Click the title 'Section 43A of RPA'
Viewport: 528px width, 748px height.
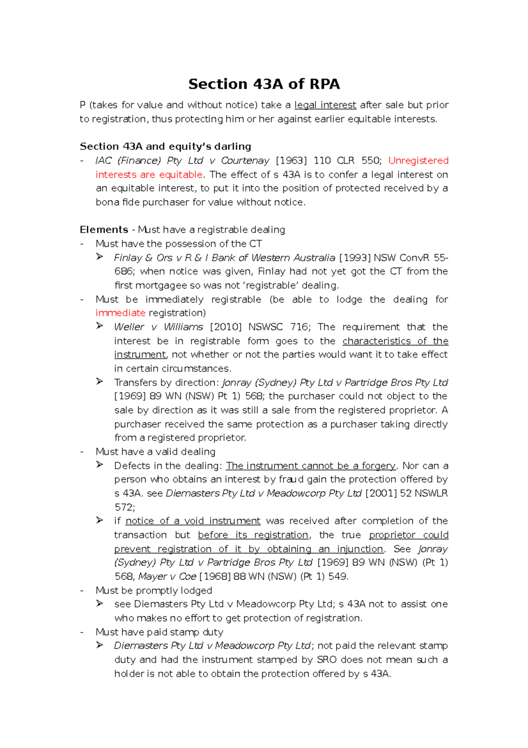pos(264,84)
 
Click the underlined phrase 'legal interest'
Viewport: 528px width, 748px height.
pos(325,105)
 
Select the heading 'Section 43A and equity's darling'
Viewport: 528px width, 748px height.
pos(165,147)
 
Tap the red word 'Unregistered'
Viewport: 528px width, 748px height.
pos(418,161)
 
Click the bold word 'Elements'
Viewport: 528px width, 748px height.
pos(104,230)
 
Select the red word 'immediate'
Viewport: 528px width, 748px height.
pos(120,313)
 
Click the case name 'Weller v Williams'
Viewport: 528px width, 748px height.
pos(158,327)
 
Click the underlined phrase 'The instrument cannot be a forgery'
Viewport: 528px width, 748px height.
pos(311,466)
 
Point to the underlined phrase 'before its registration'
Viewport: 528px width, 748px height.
pos(253,535)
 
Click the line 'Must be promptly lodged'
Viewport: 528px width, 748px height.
pos(154,591)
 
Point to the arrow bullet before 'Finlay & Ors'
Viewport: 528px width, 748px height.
pos(100,257)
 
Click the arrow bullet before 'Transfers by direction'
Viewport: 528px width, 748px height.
pos(100,381)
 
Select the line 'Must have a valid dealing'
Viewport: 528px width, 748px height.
pos(155,452)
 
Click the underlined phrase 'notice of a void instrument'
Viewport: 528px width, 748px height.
pos(193,521)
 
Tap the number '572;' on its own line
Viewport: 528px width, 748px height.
pos(125,507)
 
